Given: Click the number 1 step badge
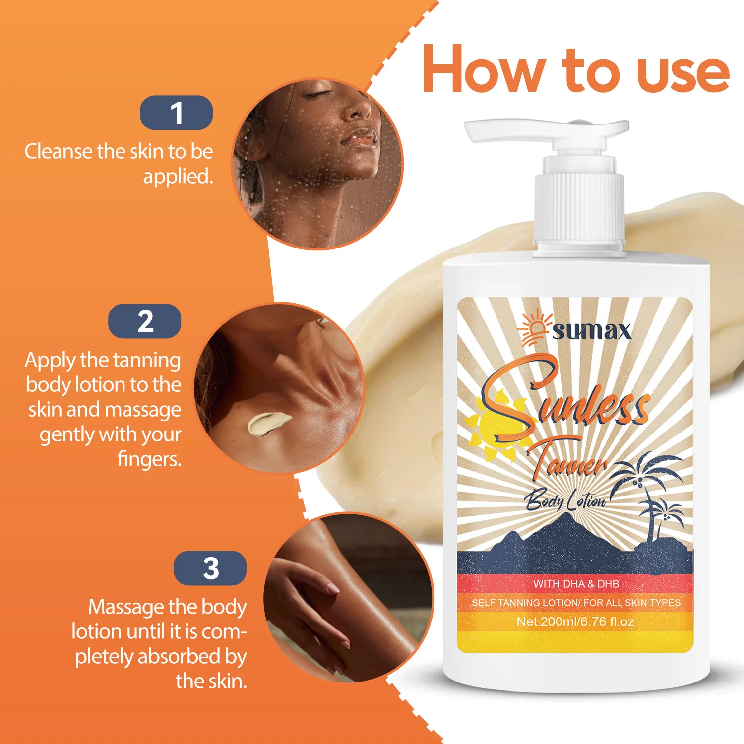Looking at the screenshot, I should tap(176, 113).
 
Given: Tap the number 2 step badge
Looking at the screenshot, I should tap(145, 321).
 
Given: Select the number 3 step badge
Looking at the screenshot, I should tap(210, 568).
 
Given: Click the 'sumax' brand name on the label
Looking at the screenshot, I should tap(592, 331).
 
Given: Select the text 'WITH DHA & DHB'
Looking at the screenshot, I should tap(576, 584).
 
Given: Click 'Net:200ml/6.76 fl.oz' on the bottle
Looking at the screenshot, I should tap(575, 621).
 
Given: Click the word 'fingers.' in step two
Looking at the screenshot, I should tap(149, 459).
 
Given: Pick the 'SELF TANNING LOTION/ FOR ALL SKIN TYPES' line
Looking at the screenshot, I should tap(576, 603).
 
